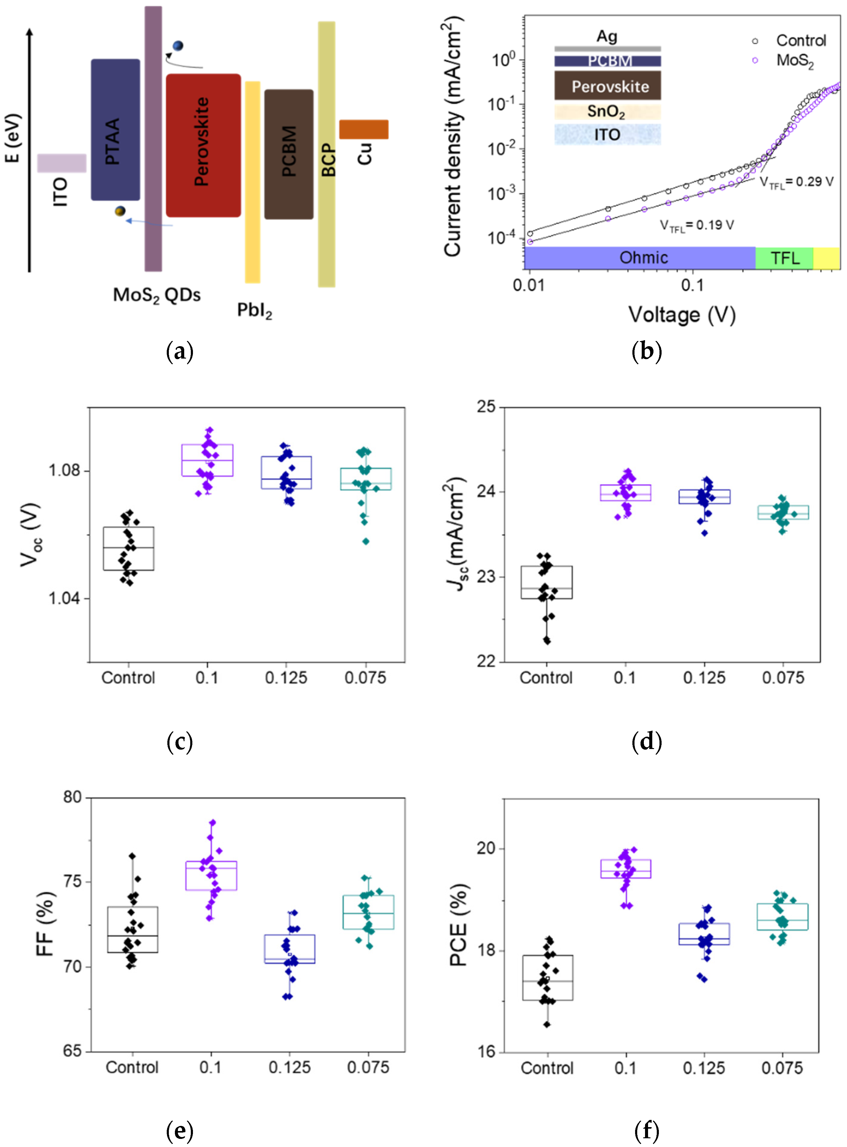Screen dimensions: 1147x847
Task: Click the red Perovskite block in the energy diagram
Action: coord(203,145)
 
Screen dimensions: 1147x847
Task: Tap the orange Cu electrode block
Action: coord(364,129)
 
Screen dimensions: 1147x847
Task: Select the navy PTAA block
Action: coord(115,130)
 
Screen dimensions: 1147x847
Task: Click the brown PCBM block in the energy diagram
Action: coord(289,154)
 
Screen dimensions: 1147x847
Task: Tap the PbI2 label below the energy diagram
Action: coord(254,310)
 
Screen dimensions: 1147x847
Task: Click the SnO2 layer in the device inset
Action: coord(607,112)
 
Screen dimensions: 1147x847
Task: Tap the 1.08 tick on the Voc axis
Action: coord(65,470)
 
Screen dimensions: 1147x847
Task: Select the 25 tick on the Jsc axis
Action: coord(486,407)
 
